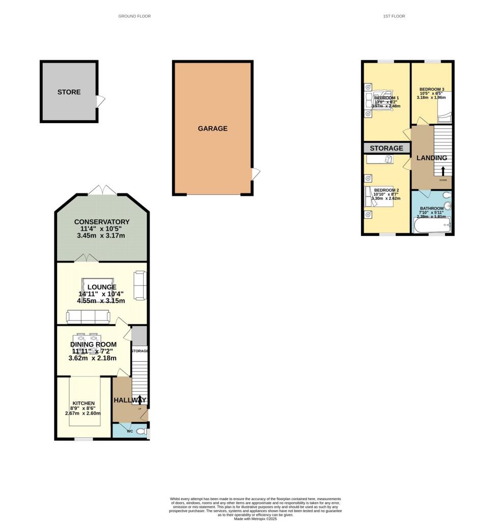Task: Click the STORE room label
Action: (x=69, y=92)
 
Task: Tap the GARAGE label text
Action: (x=212, y=129)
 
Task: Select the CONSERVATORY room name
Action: (x=102, y=222)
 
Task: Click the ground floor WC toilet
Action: (x=146, y=432)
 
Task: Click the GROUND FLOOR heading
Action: (x=134, y=16)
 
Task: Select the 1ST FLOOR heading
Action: (x=394, y=16)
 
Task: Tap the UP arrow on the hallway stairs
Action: (x=140, y=399)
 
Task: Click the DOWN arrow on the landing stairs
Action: (x=443, y=171)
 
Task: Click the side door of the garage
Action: (x=255, y=175)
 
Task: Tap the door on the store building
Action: (x=101, y=101)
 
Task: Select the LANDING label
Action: (x=431, y=158)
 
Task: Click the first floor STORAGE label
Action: (x=387, y=148)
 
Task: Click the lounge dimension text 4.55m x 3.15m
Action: (x=101, y=301)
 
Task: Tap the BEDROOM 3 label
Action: (x=431, y=89)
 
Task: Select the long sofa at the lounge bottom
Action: (x=88, y=317)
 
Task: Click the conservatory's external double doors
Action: (x=102, y=190)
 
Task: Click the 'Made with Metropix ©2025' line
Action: (x=255, y=518)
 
